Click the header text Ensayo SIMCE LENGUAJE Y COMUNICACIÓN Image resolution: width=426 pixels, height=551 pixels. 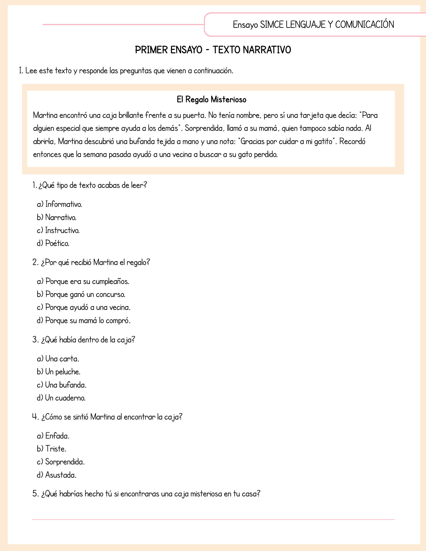(313, 25)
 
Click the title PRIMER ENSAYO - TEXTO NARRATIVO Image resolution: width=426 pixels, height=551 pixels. (213, 50)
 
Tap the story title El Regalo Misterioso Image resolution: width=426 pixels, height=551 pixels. (211, 99)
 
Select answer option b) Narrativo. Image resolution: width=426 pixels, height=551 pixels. (57, 217)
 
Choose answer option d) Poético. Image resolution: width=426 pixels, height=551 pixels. (53, 244)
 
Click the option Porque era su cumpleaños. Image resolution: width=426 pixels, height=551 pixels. (83, 281)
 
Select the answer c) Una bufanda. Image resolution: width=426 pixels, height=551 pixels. (62, 385)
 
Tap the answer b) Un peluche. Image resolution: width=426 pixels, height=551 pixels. (59, 372)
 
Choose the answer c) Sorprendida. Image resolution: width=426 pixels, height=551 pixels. (61, 462)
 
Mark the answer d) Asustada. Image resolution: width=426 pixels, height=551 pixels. (57, 475)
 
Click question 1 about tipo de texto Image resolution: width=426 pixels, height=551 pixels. (90, 185)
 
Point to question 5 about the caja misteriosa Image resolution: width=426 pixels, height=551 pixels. (146, 494)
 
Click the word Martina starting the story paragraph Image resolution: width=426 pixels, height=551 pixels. (45, 115)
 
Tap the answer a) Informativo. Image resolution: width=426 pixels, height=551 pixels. (60, 204)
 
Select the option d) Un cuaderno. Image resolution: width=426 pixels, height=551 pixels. (61, 398)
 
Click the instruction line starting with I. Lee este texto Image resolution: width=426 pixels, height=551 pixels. (126, 71)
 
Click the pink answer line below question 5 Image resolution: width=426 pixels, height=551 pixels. (213, 520)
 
